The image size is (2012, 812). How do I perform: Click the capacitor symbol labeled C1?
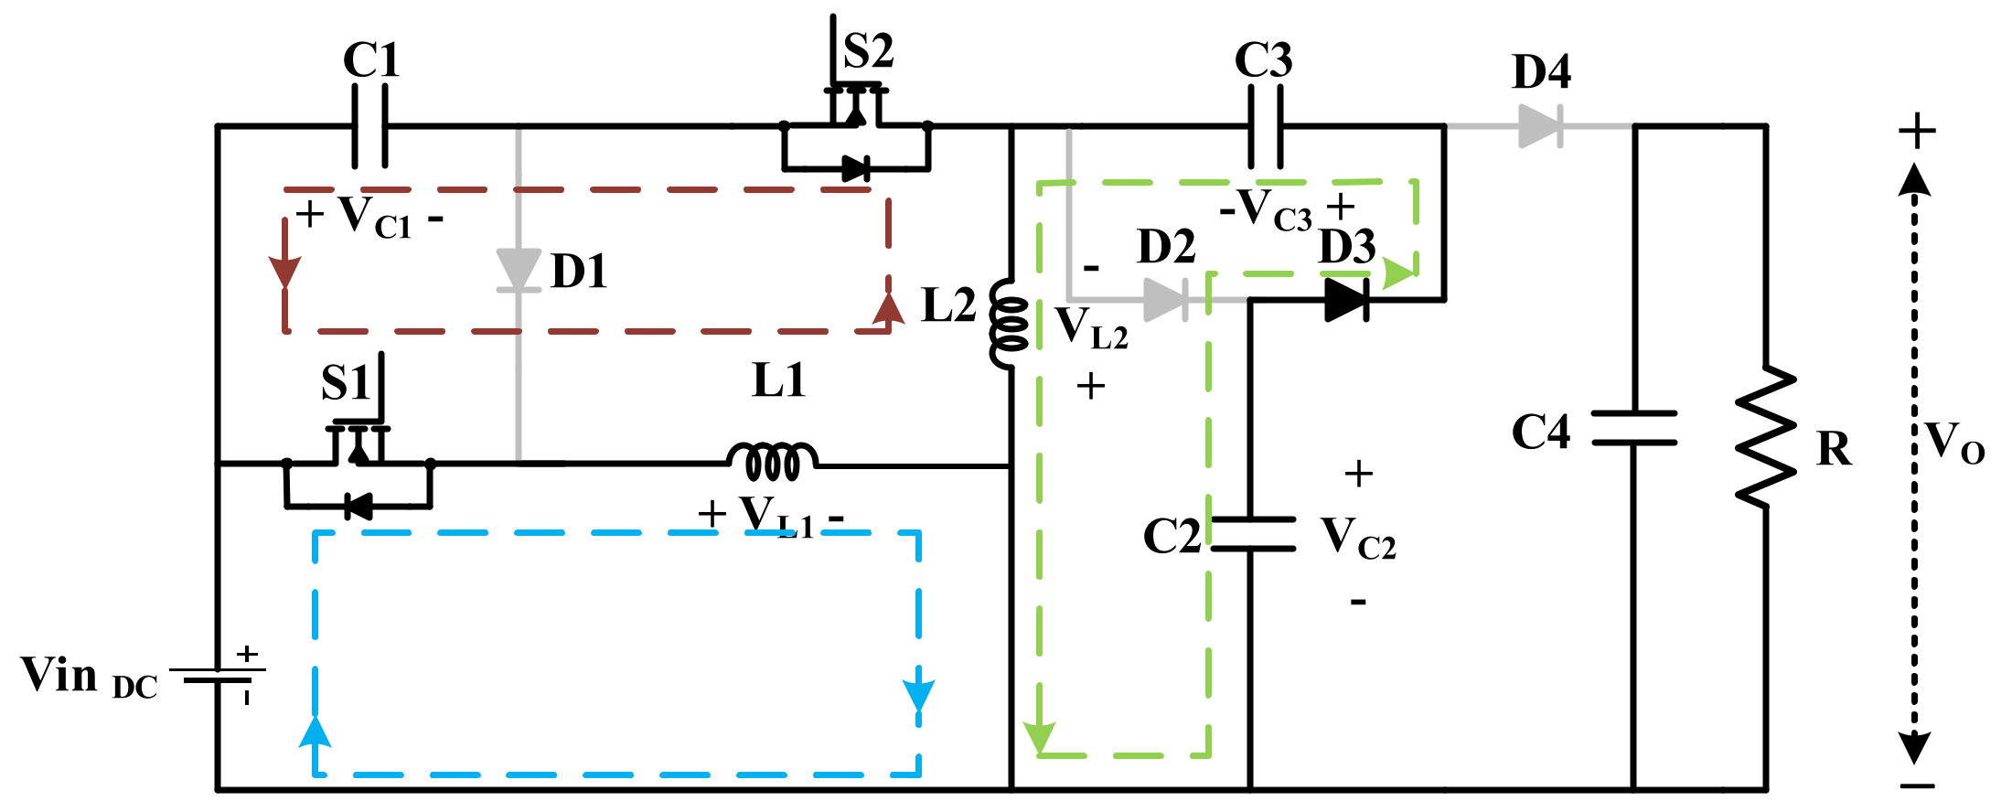pyautogui.click(x=369, y=126)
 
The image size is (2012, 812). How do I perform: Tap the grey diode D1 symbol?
pyautogui.click(x=519, y=270)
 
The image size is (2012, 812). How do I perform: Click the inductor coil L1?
pyautogui.click(x=773, y=461)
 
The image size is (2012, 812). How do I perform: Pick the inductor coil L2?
pyautogui.click(x=1010, y=325)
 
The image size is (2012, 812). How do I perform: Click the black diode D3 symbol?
pyautogui.click(x=1345, y=299)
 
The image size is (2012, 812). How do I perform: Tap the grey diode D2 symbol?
pyautogui.click(x=1165, y=299)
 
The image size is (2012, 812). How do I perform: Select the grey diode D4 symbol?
pyautogui.click(x=1540, y=125)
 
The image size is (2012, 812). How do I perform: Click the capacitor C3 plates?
pyautogui.click(x=1265, y=126)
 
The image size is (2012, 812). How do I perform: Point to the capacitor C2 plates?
pyautogui.click(x=1253, y=534)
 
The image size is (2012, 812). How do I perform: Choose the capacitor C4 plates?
pyautogui.click(x=1634, y=428)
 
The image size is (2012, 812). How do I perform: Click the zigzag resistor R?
pyautogui.click(x=1766, y=437)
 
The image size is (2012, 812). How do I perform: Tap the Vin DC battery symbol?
pyautogui.click(x=218, y=676)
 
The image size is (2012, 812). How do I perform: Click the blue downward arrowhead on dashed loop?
pyautogui.click(x=918, y=695)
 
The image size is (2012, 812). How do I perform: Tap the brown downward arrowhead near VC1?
pyautogui.click(x=285, y=272)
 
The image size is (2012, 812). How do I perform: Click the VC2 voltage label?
pyautogui.click(x=1358, y=538)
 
